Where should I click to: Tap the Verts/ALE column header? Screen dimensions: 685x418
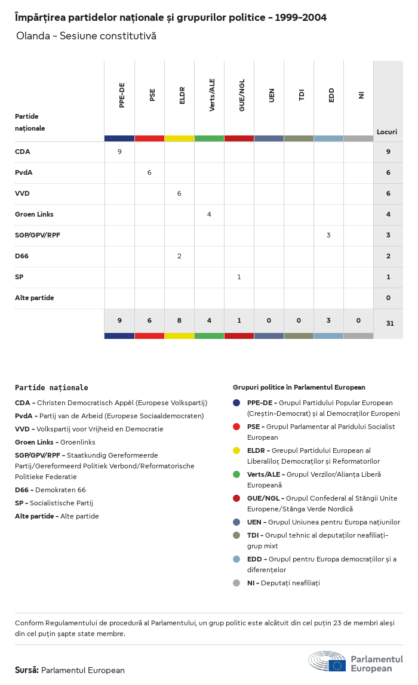pos(212,95)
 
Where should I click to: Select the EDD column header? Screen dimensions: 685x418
pos(331,95)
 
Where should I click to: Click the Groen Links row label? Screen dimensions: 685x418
pos(34,214)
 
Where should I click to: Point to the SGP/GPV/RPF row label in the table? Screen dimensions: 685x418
pos(38,235)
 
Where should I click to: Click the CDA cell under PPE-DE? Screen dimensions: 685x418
pos(119,152)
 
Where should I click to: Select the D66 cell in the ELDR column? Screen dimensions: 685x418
pos(179,256)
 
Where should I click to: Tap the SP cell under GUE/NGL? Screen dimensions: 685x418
pos(239,277)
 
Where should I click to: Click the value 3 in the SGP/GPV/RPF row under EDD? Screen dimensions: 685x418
pos(328,235)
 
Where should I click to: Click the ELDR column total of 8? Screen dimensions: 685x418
pos(179,320)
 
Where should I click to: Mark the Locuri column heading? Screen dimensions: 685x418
pos(387,132)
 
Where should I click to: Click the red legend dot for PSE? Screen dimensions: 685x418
pos(236,427)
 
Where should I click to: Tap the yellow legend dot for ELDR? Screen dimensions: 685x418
pos(236,451)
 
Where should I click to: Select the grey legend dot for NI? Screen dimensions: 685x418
pos(236,583)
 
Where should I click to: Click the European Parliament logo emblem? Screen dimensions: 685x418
pos(327,662)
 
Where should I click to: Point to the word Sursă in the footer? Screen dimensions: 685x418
pos(26,670)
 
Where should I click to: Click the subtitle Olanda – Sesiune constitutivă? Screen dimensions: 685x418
pos(86,36)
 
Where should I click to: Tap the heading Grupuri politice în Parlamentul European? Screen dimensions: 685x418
pos(299,387)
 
